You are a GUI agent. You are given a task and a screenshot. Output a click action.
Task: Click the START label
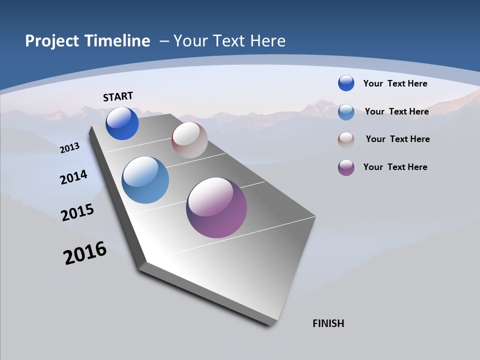(118, 96)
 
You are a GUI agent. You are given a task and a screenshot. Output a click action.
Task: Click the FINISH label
(328, 323)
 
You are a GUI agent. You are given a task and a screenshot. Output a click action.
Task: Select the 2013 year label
(70, 147)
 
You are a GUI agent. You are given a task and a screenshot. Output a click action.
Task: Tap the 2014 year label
(74, 177)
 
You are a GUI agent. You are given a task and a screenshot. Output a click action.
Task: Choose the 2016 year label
(85, 253)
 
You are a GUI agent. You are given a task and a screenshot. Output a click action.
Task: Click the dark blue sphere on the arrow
(122, 123)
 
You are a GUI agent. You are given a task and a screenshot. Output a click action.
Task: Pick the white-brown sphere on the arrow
(189, 140)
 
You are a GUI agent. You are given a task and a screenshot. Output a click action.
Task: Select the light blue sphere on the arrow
(145, 180)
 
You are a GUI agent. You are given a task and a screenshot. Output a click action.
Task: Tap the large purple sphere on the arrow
(216, 207)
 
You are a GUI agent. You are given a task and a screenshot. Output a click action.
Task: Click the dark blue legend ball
(346, 83)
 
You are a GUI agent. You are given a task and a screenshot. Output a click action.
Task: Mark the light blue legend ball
(346, 112)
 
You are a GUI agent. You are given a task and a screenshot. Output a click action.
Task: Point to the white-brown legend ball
(346, 140)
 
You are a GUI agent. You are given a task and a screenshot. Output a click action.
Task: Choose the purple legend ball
(346, 167)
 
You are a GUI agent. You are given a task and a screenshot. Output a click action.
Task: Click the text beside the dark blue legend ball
(395, 83)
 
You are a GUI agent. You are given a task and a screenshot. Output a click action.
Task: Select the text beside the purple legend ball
(395, 167)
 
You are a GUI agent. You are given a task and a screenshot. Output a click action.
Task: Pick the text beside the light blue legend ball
(396, 111)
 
